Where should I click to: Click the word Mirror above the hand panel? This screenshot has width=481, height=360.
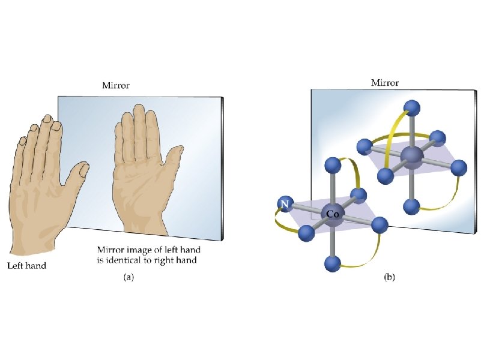115,86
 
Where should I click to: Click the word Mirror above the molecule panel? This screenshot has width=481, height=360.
385,83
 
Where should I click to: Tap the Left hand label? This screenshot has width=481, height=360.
26,265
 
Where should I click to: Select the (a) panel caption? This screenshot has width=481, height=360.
129,277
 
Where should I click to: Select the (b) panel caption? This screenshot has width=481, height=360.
389,277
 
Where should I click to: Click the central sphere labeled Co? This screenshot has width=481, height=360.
331,213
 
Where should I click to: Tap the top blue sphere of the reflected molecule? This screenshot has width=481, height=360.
411,109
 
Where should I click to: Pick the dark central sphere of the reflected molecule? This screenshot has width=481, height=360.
411,156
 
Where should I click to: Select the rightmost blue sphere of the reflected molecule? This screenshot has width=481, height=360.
459,167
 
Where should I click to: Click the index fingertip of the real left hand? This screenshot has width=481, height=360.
56,126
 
